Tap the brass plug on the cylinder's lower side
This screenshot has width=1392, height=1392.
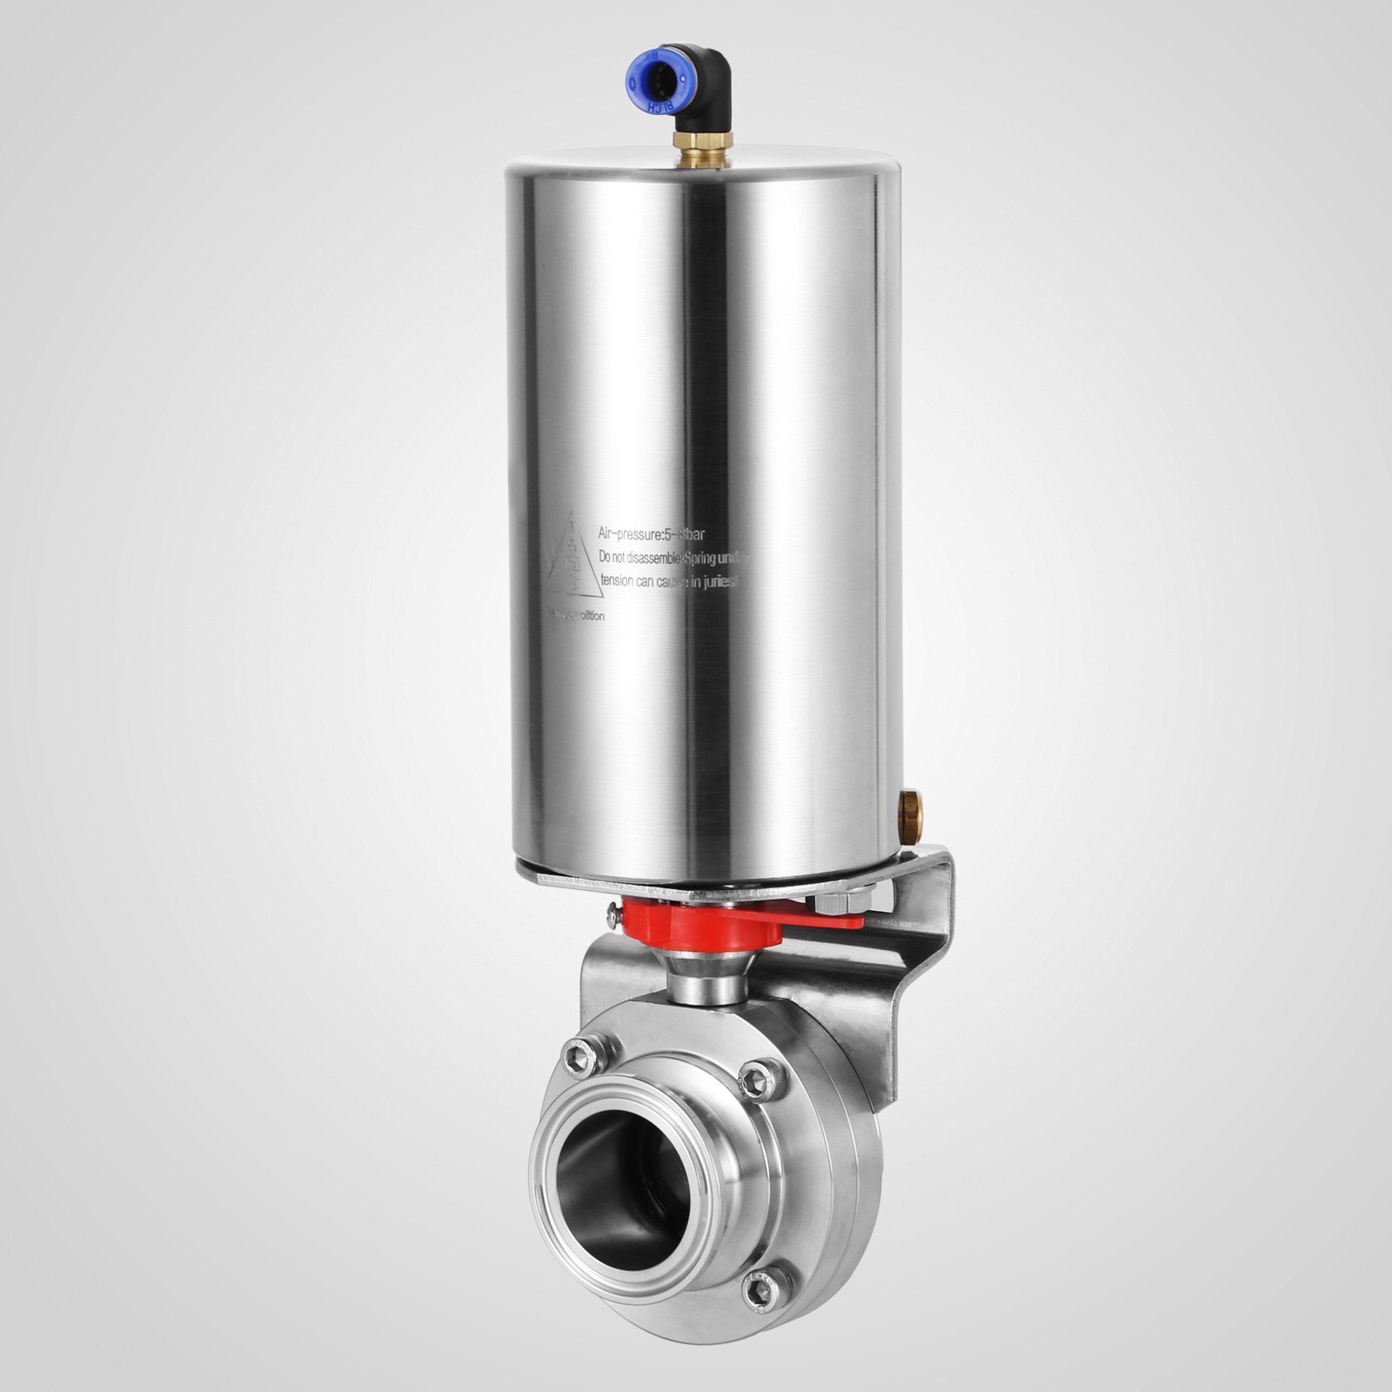point(910,798)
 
